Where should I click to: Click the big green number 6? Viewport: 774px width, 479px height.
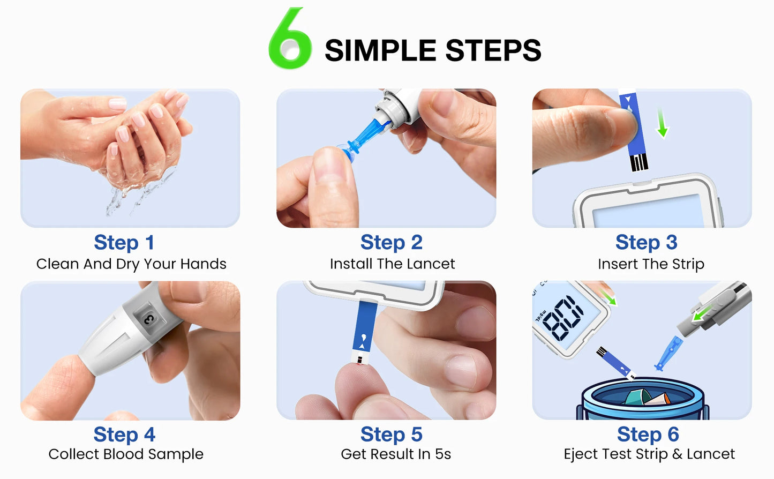(x=290, y=40)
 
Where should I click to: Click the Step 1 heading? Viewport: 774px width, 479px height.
(x=124, y=243)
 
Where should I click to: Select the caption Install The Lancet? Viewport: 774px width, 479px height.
(x=392, y=264)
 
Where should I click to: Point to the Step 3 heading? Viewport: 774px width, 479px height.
(x=646, y=243)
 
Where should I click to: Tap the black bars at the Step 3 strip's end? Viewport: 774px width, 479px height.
(x=639, y=162)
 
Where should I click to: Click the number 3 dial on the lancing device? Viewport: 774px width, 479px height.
(x=148, y=319)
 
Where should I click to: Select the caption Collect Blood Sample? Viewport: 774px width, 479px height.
(x=126, y=454)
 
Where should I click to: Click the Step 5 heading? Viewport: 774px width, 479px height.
(x=391, y=435)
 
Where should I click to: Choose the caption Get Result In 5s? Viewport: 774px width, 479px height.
(x=396, y=454)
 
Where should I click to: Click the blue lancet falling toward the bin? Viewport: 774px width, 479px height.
(x=668, y=354)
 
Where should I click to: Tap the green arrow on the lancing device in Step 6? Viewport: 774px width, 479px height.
(x=701, y=314)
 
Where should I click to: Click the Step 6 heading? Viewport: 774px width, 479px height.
(x=648, y=435)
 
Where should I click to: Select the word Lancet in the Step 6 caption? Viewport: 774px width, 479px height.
(x=710, y=454)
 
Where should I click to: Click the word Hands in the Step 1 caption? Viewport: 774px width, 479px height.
(x=203, y=264)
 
